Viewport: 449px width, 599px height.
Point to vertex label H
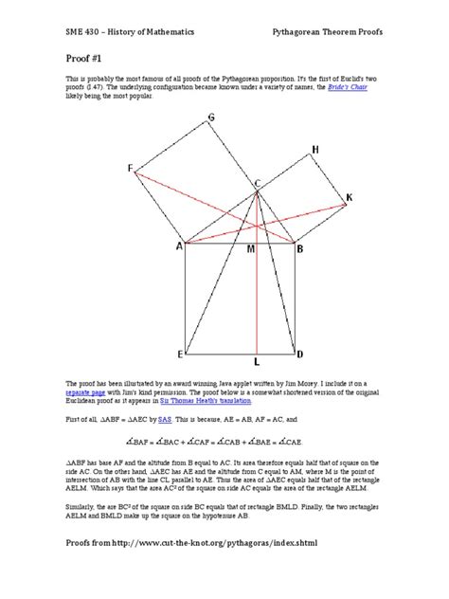(x=314, y=150)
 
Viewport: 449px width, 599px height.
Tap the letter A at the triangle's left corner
(x=177, y=248)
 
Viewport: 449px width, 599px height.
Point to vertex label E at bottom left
(x=180, y=354)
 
